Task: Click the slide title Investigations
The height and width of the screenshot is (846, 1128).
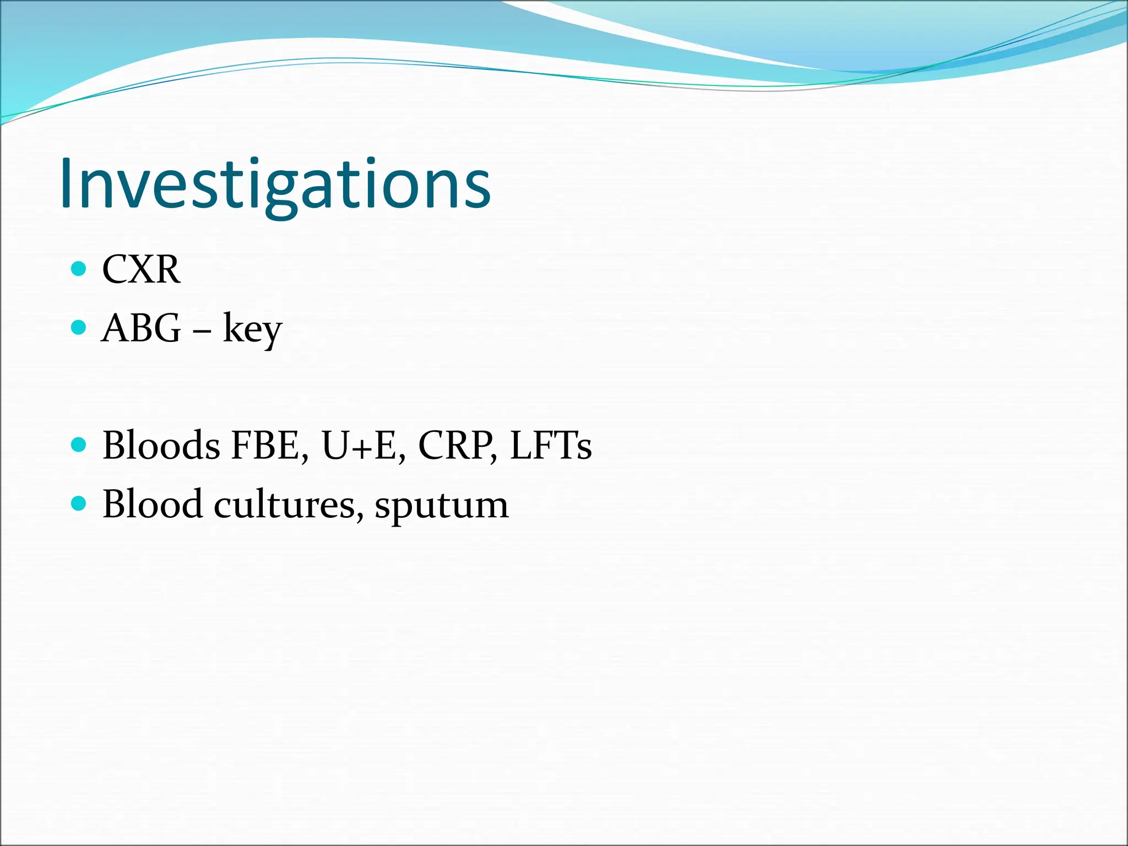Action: tap(275, 185)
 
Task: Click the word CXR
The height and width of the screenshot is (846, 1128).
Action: tap(141, 270)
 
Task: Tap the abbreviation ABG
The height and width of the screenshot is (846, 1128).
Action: tap(141, 328)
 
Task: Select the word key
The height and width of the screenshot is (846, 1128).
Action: tap(252, 330)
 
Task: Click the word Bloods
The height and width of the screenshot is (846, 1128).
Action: tap(161, 445)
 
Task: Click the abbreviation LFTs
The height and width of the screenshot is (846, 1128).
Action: tap(551, 445)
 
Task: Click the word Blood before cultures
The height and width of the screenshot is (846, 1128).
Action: tap(152, 504)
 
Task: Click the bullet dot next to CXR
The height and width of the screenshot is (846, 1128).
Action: tap(79, 269)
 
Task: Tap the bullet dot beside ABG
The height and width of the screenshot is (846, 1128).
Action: tap(79, 328)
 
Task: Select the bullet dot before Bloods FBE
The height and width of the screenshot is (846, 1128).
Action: tap(79, 444)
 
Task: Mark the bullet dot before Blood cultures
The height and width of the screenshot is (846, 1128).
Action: tap(79, 503)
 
